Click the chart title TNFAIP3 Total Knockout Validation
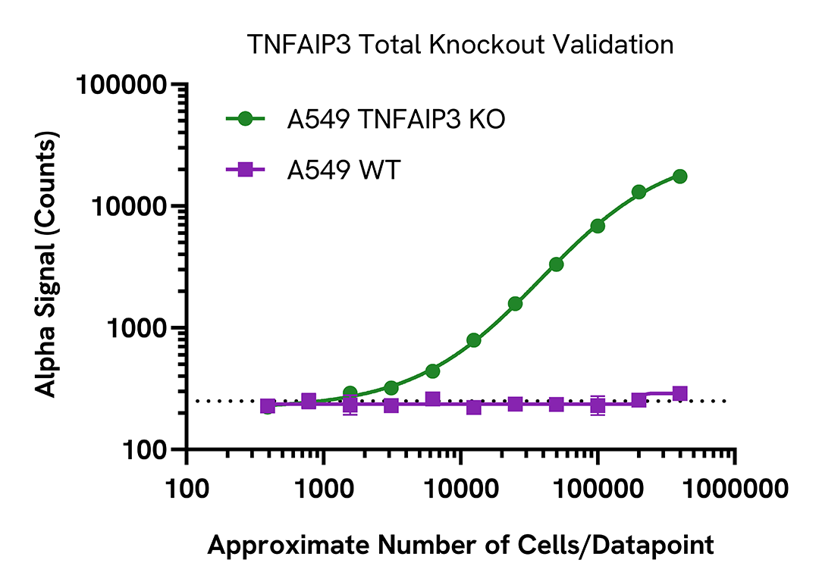click(x=461, y=45)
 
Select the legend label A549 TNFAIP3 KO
click(x=395, y=119)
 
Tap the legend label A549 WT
click(x=343, y=170)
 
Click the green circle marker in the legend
click(x=245, y=119)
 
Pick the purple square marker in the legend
click(x=245, y=170)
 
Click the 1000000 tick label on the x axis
click(x=734, y=485)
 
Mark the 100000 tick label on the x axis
click(x=598, y=485)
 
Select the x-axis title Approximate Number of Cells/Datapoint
click(x=460, y=545)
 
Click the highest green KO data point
click(x=679, y=177)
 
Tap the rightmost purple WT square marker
click(x=679, y=393)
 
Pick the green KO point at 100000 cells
click(x=598, y=226)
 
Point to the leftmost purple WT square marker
click(x=268, y=406)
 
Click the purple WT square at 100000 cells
click(x=598, y=405)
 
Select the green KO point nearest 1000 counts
click(x=474, y=340)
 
